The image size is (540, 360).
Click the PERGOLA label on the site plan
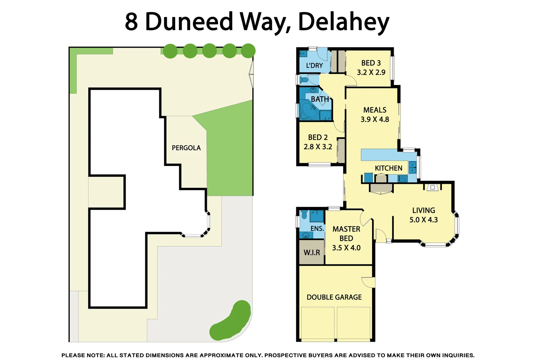tap(186, 148)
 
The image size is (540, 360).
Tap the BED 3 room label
tap(371, 63)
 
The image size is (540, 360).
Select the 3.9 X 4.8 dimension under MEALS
tap(375, 119)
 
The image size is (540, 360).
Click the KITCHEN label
tap(388, 168)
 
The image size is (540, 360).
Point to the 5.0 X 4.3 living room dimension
tap(423, 220)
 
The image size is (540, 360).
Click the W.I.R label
tap(311, 253)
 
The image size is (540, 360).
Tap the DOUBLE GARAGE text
tap(334, 297)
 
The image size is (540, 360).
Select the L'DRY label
tap(314, 66)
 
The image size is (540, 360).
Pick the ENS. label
tap(317, 229)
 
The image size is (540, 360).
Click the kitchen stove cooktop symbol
tap(403, 179)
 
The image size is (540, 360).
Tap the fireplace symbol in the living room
tap(432, 187)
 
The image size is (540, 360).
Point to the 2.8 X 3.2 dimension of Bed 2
tap(318, 147)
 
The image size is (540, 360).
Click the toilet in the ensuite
tap(304, 214)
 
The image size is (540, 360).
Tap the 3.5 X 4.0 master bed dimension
tap(346, 248)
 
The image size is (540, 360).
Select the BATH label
tap(319, 99)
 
